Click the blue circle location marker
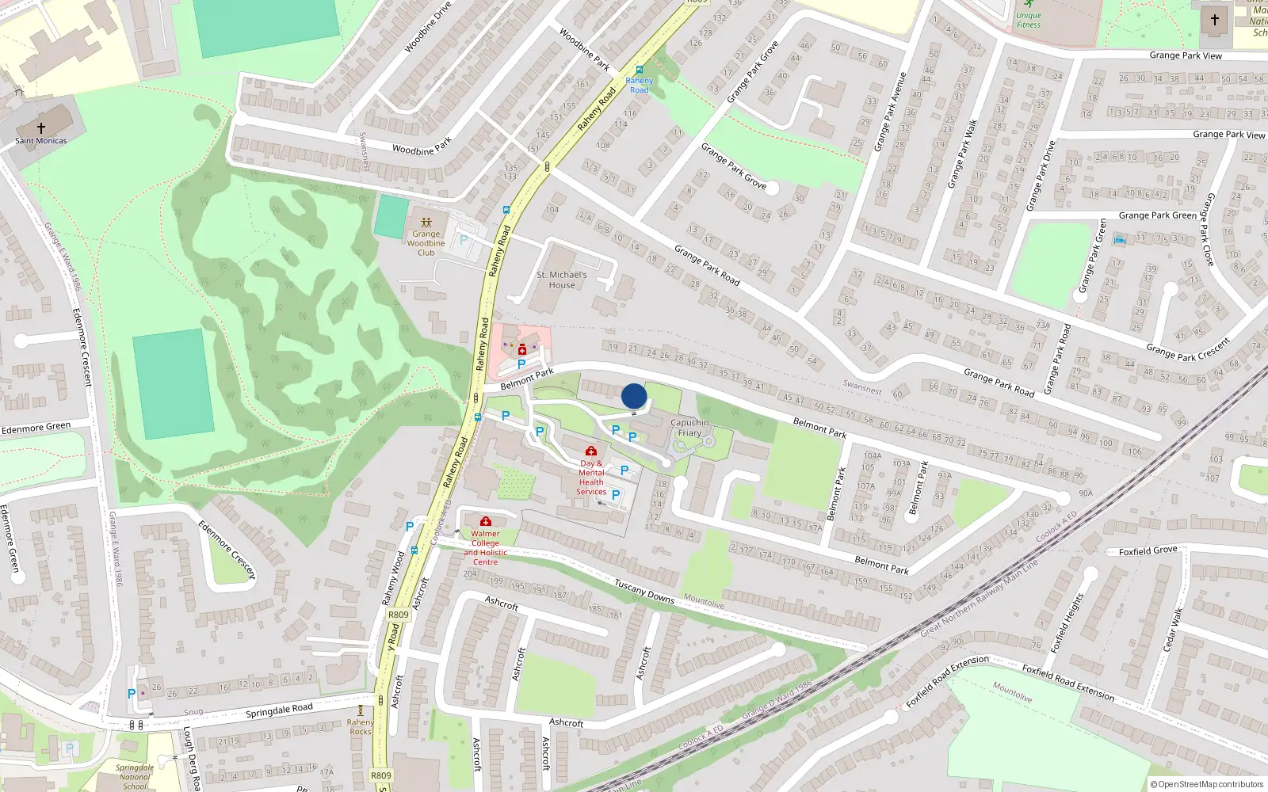coord(634,396)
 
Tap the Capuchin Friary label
coord(689,428)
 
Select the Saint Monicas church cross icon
coord(41,127)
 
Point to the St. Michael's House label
coord(562,280)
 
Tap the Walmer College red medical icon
coord(486,521)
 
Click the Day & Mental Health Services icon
coord(591,451)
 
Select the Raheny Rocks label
coord(361,727)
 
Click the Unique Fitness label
coord(1029,20)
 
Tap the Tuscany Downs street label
coord(644,591)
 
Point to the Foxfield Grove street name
coord(1148,550)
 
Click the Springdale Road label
coord(279,711)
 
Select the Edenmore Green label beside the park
coord(36,428)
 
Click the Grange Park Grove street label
coord(733,166)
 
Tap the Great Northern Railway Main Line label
coord(979,599)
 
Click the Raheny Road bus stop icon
coord(639,70)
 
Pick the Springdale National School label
coord(135,777)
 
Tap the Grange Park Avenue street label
coord(889,112)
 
